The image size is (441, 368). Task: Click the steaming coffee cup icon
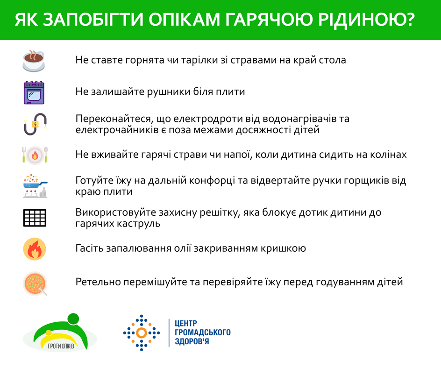(34, 61)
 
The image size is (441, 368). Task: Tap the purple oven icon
(34, 92)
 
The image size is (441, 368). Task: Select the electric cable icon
(35, 124)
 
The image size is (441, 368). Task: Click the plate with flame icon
(35, 155)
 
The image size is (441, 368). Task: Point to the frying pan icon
(35, 186)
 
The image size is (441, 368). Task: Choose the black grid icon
(35, 218)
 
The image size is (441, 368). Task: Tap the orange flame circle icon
(35, 249)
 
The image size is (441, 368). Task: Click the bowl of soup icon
(35, 283)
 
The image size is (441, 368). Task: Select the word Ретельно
(98, 282)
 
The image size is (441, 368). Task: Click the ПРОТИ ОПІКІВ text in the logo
(61, 346)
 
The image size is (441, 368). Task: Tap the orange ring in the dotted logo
(142, 333)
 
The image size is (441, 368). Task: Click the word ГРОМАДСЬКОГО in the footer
(203, 333)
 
